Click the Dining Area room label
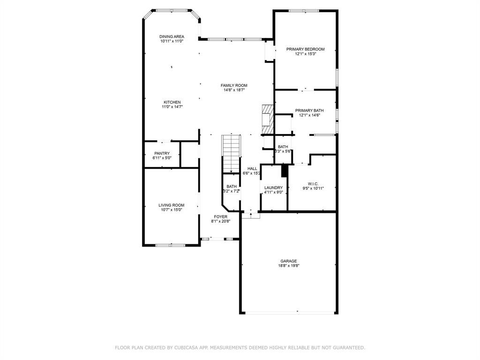[x=172, y=37]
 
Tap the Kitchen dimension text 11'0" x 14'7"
[x=172, y=107]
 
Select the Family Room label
[x=234, y=85]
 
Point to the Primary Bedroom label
[x=305, y=49]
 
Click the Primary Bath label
[x=309, y=111]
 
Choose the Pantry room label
[x=162, y=153]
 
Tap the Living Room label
[x=171, y=205]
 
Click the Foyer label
[x=220, y=217]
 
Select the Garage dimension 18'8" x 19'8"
[x=289, y=266]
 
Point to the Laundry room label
[x=273, y=187]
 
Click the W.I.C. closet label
[x=313, y=183]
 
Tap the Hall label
[x=252, y=169]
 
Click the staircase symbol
[x=231, y=153]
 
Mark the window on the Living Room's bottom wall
[x=170, y=245]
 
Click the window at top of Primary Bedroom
[x=304, y=11]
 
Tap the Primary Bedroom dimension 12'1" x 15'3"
[x=305, y=54]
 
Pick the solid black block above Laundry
[x=284, y=171]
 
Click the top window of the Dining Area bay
[x=171, y=10]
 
